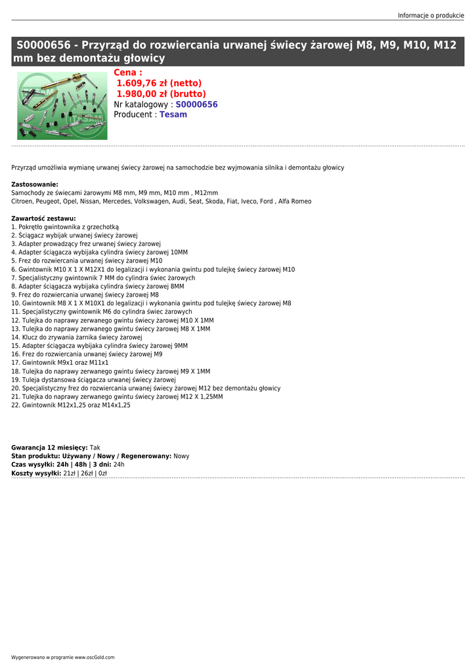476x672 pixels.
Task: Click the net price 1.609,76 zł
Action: [x=159, y=83]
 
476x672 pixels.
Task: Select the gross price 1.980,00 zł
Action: [x=161, y=94]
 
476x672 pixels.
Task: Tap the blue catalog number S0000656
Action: [x=196, y=104]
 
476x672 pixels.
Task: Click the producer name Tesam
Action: [x=173, y=114]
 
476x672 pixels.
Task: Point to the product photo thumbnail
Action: [x=62, y=105]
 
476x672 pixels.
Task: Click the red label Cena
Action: [x=127, y=73]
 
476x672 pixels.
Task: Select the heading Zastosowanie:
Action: [x=35, y=184]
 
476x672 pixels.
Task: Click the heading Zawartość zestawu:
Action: [x=43, y=219]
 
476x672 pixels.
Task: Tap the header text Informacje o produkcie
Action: [x=431, y=15]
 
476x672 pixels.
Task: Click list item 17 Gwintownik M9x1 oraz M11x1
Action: [x=60, y=363]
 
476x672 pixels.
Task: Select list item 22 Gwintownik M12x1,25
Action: [x=71, y=406]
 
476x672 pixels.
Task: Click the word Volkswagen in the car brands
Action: [x=150, y=201]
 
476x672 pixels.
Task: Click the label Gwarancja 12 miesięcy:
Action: [x=49, y=448]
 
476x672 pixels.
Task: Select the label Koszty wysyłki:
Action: [x=36, y=473]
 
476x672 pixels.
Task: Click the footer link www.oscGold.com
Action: [x=94, y=657]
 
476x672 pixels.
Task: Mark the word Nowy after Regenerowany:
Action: [x=181, y=456]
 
